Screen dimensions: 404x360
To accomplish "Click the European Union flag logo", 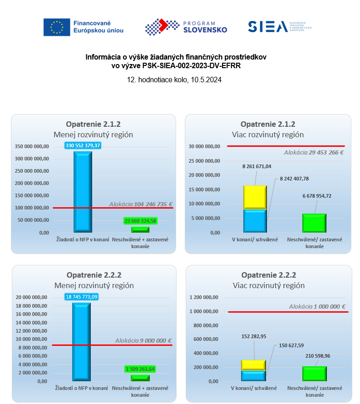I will [x=57, y=27].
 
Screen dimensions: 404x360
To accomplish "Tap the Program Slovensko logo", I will [x=186, y=27].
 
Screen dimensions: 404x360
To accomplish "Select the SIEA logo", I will [x=280, y=27].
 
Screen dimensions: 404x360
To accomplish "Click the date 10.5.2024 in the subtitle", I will [x=205, y=79].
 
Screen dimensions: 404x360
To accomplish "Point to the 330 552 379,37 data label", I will [x=83, y=145].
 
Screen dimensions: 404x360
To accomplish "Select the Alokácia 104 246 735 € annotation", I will [x=141, y=204].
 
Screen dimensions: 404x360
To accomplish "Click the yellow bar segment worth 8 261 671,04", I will [x=255, y=197].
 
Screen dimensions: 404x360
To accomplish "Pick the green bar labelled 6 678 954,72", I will [x=314, y=223].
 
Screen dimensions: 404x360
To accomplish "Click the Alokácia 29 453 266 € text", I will [x=314, y=152].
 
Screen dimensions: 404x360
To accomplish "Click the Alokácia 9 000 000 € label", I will [x=143, y=340].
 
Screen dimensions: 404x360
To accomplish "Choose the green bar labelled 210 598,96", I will [x=314, y=374].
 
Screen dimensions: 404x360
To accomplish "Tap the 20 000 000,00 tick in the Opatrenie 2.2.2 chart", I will [x=32, y=297].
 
